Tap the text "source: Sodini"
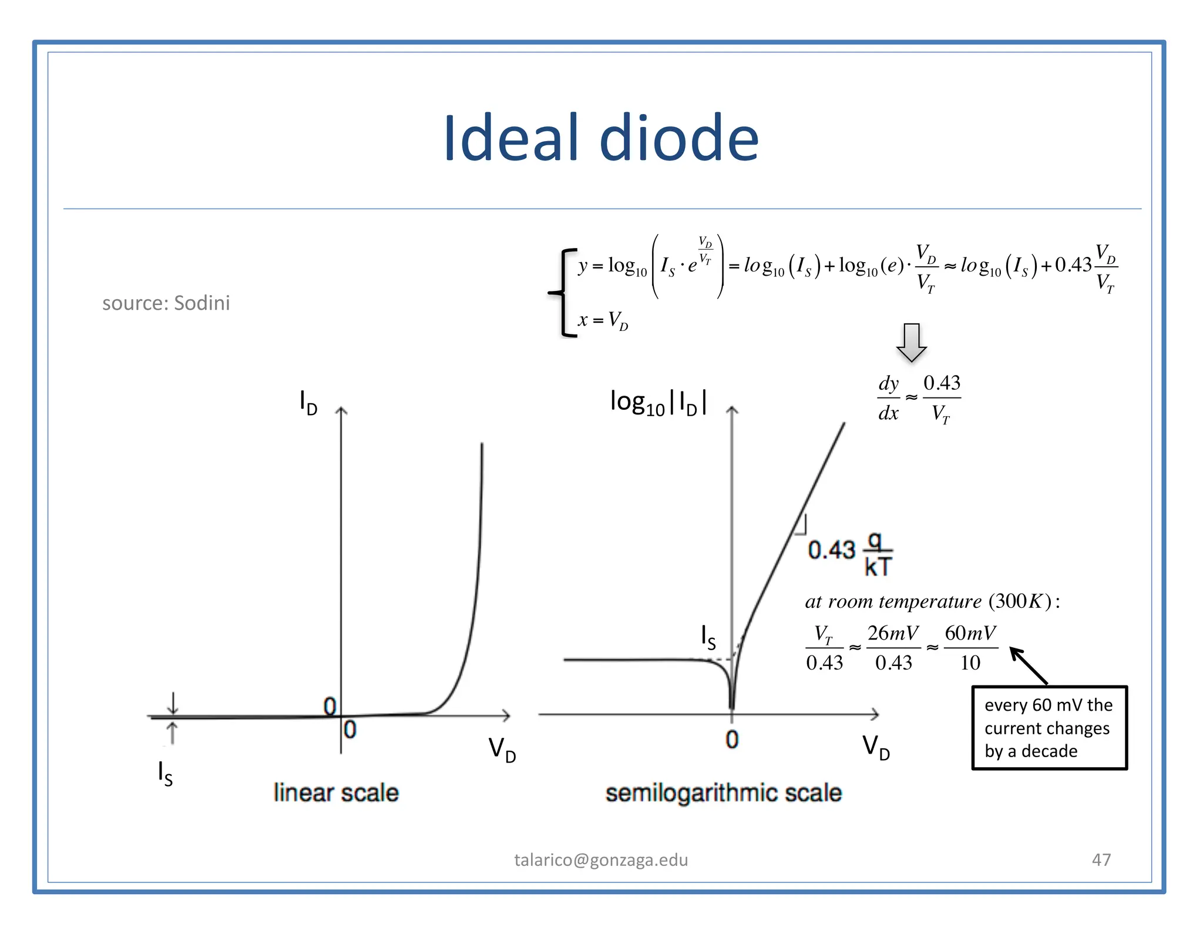coord(166,303)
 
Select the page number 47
coord(1101,859)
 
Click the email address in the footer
coord(601,859)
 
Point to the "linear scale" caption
coord(336,792)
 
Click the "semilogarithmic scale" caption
coord(724,792)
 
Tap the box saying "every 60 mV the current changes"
coord(1049,728)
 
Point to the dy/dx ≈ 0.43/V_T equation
coord(919,399)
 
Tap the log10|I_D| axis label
coord(658,403)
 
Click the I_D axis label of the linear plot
coord(308,403)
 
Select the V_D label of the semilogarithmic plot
coord(876,747)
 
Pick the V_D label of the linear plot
coord(502,750)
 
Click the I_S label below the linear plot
coord(165,773)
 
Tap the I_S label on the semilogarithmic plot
coord(708,637)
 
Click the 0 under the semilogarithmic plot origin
coord(732,740)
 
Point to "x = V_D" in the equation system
coord(603,321)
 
